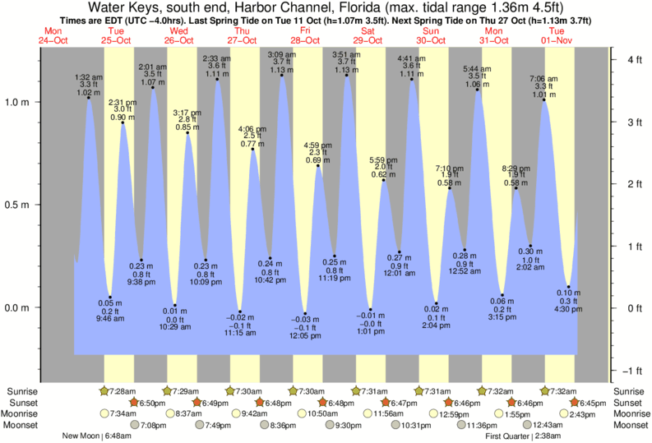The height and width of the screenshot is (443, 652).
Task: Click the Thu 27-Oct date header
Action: pos(243,35)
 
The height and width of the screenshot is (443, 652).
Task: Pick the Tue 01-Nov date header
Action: pos(557,35)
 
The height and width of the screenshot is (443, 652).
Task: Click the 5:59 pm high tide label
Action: pos(383,159)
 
